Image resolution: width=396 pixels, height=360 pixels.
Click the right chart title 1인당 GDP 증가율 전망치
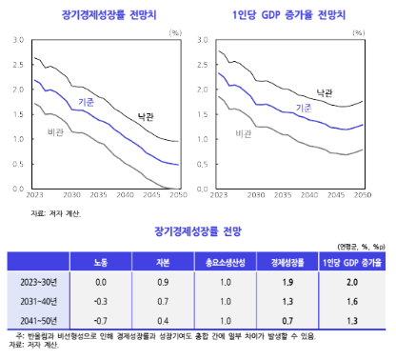pyautogui.click(x=289, y=13)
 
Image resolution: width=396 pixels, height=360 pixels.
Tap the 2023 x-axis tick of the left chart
pyautogui.click(x=32, y=194)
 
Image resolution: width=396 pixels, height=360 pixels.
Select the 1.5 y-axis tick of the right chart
pyautogui.click(x=202, y=114)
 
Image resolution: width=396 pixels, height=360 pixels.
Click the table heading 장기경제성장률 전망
pyautogui.click(x=197, y=230)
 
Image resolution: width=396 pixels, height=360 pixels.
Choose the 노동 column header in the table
pyautogui.click(x=101, y=261)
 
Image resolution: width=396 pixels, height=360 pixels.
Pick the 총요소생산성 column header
pyautogui.click(x=220, y=261)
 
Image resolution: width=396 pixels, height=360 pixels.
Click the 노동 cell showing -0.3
pyautogui.click(x=101, y=301)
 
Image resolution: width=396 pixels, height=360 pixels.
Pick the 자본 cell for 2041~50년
pyautogui.click(x=163, y=319)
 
